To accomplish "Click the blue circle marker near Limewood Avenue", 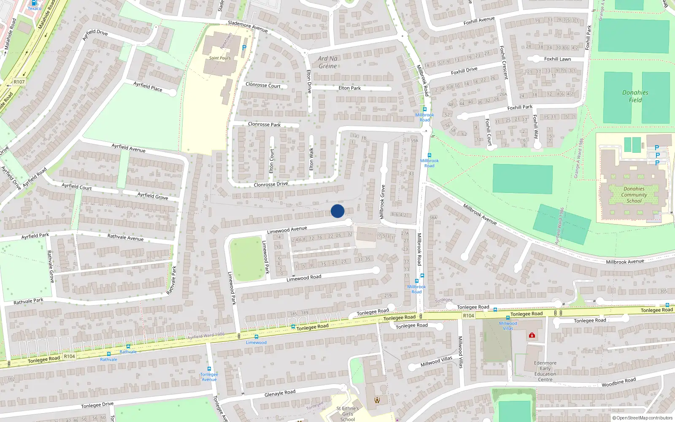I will [x=337, y=211].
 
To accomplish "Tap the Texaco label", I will [x=35, y=8].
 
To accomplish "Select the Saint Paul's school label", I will [x=220, y=58].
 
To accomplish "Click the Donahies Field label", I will [x=635, y=96].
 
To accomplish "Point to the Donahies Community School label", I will [x=634, y=195].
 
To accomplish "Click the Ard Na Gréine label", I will [x=328, y=62].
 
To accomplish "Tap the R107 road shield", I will [x=19, y=82].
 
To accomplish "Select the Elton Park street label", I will [x=349, y=88].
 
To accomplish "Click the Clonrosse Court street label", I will [x=263, y=85].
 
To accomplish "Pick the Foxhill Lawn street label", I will [x=557, y=59].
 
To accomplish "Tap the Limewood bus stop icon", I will [x=256, y=336].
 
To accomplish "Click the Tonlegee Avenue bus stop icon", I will [x=209, y=369].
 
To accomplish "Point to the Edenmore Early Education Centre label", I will [x=545, y=371].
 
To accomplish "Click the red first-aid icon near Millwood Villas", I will [x=532, y=335].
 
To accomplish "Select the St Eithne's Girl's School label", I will [x=348, y=414].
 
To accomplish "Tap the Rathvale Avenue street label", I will [x=125, y=238].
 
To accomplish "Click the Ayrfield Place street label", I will [x=148, y=87].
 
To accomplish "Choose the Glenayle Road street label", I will [x=280, y=393].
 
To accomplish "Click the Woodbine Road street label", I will [x=618, y=382].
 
